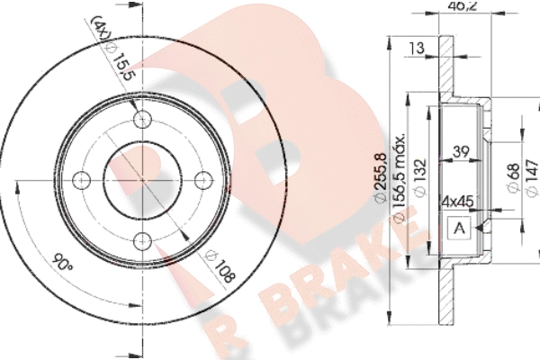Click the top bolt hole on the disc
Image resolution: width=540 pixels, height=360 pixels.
pos(142,120)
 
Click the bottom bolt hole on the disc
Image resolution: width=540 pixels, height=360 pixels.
pos(142,241)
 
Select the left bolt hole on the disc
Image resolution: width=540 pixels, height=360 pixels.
pos(82,180)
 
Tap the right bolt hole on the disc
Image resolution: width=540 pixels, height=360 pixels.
pos(203,180)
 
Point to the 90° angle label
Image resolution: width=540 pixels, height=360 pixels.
pos(62,263)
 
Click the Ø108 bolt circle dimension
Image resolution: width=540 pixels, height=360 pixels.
pos(220,266)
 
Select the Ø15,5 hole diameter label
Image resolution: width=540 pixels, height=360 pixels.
pos(119,62)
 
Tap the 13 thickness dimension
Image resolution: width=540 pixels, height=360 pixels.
pos(417,48)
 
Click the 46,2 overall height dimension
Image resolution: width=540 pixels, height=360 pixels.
pos(463,6)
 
